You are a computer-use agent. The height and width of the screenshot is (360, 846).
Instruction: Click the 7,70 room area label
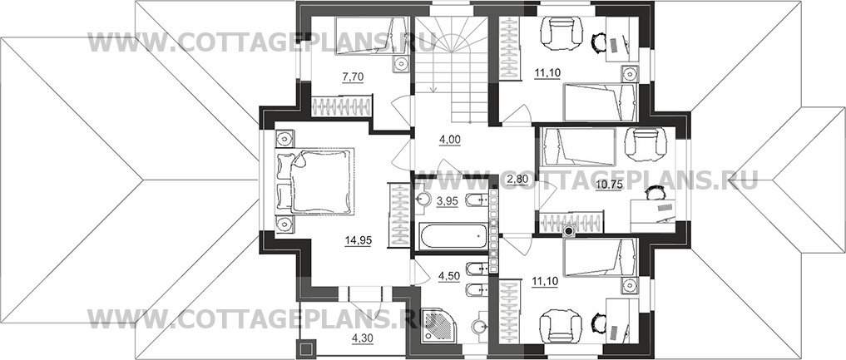coord(354,77)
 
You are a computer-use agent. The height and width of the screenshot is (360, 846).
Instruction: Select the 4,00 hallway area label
coord(449,140)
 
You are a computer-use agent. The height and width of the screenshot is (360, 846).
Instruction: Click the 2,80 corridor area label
coord(517,180)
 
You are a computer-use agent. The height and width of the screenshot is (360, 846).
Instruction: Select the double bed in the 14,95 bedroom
coord(315,181)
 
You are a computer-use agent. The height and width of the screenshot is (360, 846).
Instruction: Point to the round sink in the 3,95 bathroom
coord(422,200)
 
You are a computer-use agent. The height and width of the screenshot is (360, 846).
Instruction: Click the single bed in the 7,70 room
coord(371,36)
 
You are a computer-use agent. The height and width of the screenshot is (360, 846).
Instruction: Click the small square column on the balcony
coord(306,348)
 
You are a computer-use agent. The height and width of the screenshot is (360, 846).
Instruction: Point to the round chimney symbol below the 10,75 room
coord(568,232)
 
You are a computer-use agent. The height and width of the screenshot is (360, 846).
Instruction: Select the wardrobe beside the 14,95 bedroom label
coord(399,215)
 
